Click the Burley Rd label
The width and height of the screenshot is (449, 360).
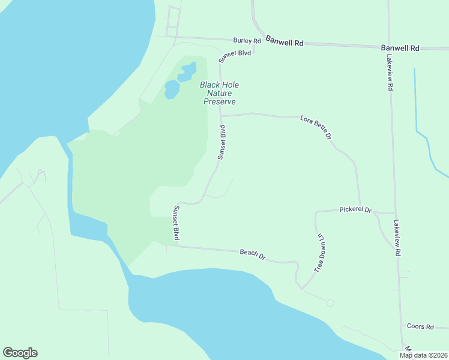(248, 41)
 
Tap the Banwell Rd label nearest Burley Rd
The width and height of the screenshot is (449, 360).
(285, 43)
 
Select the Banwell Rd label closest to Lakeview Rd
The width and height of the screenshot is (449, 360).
(400, 47)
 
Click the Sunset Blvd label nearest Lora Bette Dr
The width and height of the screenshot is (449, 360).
(222, 142)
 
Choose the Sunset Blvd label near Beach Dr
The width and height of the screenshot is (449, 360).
(176, 223)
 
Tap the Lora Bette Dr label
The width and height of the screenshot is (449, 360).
(316, 128)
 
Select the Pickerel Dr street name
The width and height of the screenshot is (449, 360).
(355, 210)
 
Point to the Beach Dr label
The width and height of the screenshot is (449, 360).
(253, 254)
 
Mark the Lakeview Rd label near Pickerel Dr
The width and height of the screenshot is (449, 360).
(397, 238)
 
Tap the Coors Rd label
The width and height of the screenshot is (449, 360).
(420, 326)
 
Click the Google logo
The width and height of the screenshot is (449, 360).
(20, 353)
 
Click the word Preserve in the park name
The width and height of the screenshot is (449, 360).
(219, 102)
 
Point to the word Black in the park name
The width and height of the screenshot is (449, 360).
(209, 85)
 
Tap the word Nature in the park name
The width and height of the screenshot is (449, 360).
(219, 93)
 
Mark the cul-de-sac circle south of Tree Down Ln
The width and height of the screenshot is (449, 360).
(330, 303)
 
